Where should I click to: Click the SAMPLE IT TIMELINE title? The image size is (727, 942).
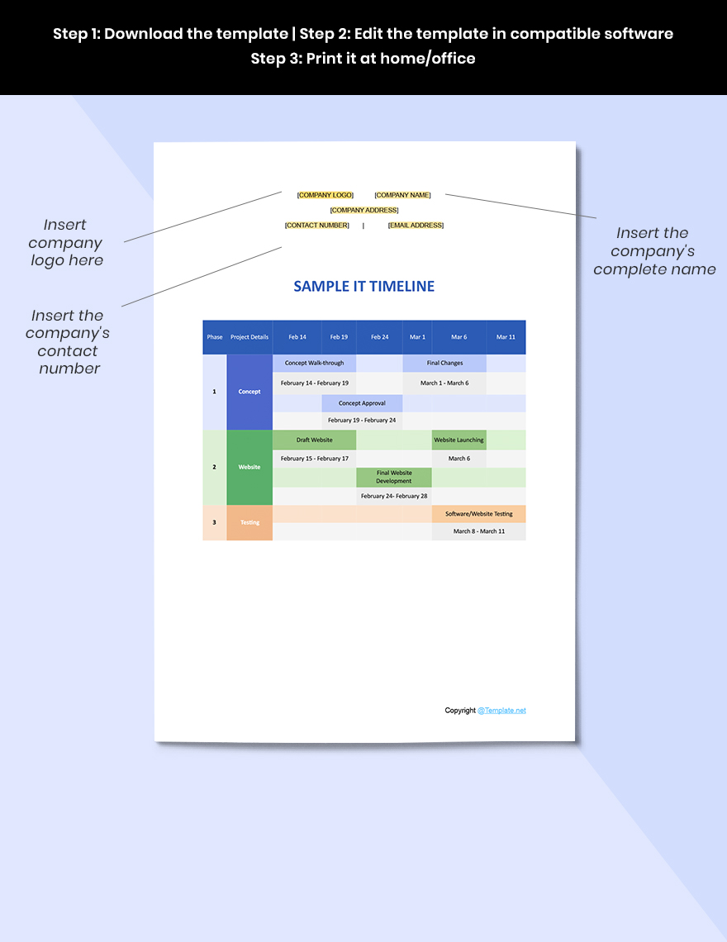363,287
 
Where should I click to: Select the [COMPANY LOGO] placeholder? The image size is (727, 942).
325,195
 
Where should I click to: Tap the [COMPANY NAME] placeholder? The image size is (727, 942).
402,195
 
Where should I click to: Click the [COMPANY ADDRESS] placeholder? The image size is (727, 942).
364,210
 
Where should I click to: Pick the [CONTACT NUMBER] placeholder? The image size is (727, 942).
316,225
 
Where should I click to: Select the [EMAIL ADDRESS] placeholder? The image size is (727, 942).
416,225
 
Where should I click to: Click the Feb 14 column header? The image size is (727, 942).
297,337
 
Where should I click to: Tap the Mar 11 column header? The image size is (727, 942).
506,337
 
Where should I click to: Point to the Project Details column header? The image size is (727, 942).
249,337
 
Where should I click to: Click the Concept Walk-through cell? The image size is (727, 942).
314,363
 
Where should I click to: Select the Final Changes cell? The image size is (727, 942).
444,363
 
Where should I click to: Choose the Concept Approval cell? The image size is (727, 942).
362,403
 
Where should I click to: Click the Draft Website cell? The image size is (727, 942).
314,440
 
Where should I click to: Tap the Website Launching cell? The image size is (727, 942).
459,440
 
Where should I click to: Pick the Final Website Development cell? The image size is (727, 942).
394,477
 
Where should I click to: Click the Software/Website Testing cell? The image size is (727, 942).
478,514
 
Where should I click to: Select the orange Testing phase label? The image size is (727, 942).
249,522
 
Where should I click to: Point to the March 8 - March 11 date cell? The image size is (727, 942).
478,531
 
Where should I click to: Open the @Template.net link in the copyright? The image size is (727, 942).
501,711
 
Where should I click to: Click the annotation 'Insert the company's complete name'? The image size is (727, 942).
653,251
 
